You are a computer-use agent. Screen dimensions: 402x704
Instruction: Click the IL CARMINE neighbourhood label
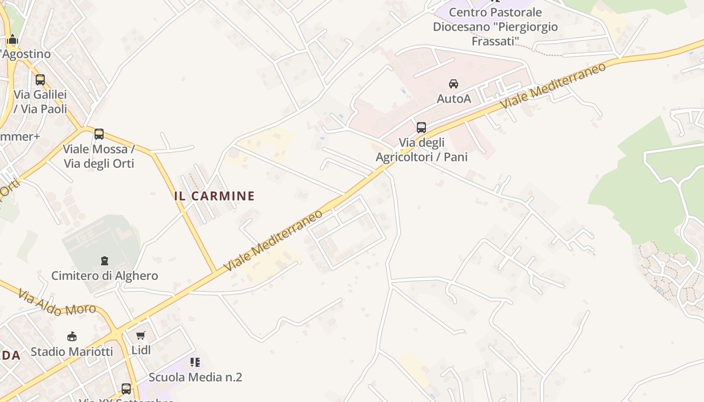[x=214, y=196]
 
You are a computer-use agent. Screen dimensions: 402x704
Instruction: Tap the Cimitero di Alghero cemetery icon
[x=104, y=260]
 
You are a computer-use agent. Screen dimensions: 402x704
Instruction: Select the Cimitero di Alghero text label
[x=105, y=276]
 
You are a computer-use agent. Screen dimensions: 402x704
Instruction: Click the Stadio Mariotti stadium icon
[x=72, y=336]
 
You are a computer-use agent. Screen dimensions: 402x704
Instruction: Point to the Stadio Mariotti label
[x=72, y=351]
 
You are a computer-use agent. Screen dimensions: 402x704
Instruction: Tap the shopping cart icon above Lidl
[x=141, y=335]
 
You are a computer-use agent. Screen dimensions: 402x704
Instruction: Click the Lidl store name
[x=141, y=350]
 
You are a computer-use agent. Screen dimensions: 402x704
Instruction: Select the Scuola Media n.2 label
[x=195, y=377]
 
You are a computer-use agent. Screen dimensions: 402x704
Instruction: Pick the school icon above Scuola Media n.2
[x=195, y=362]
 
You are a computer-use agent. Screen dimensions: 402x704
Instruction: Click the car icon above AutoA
[x=454, y=83]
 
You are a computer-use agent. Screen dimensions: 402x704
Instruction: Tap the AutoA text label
[x=454, y=98]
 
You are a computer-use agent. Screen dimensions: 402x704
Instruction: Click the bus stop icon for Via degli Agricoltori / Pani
[x=421, y=128]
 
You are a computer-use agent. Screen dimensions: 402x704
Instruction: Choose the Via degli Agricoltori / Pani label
[x=422, y=150]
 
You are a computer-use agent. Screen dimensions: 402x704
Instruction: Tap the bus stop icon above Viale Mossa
[x=99, y=134]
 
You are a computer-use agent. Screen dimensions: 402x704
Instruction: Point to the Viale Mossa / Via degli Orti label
[x=99, y=156]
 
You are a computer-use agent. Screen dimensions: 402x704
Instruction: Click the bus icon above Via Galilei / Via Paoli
[x=40, y=80]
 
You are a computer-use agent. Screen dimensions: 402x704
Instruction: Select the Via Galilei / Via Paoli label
[x=40, y=102]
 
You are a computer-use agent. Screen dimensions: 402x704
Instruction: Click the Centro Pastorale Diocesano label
[x=495, y=27]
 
